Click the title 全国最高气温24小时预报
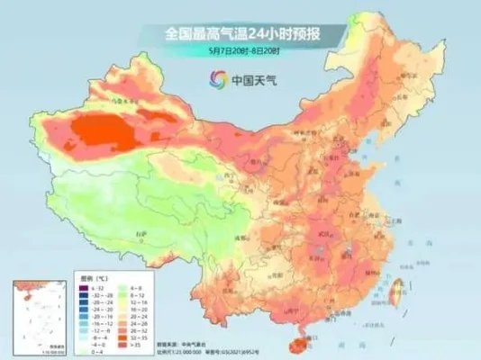(x=241, y=33)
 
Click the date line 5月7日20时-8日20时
(x=241, y=52)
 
